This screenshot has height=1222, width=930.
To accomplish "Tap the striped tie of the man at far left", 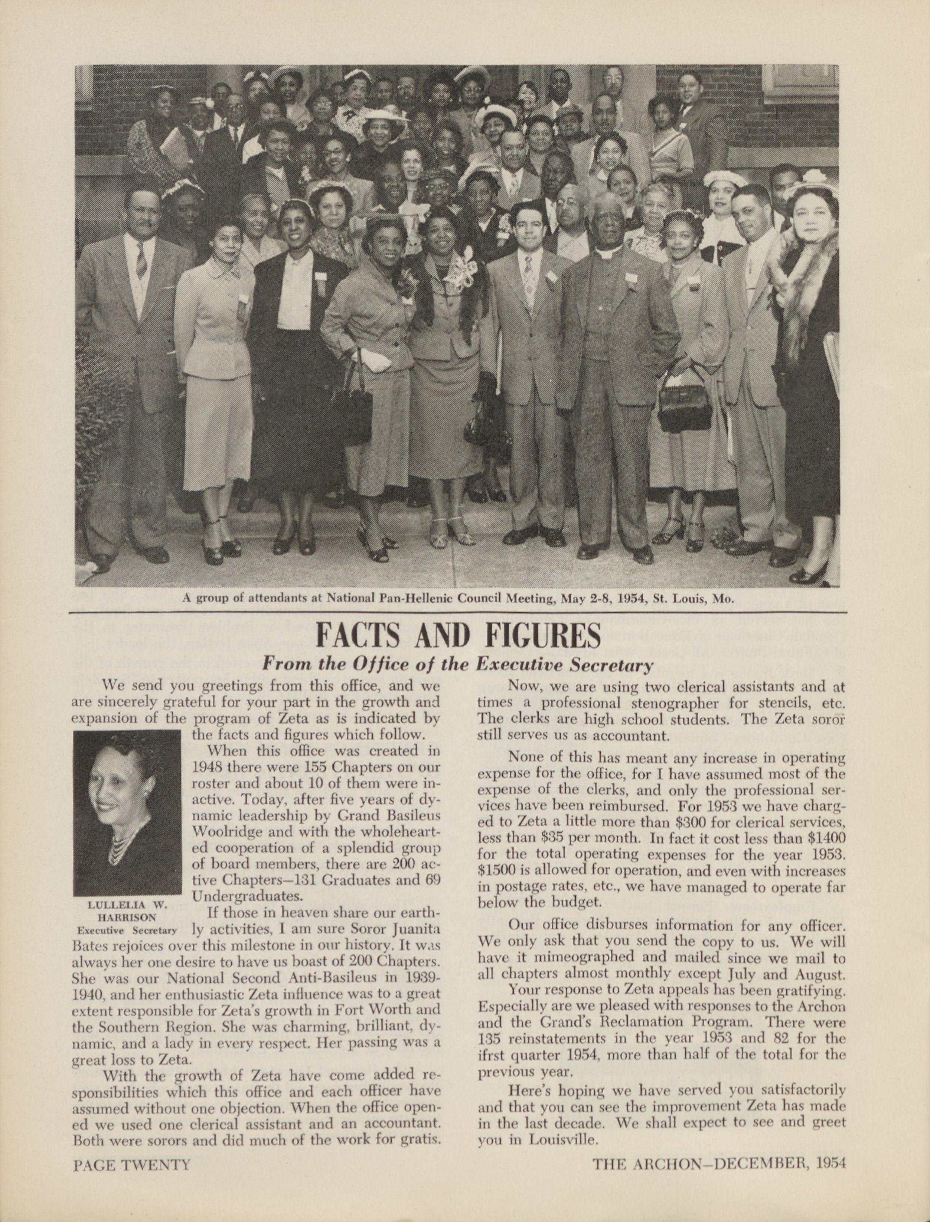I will pos(142,260).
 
